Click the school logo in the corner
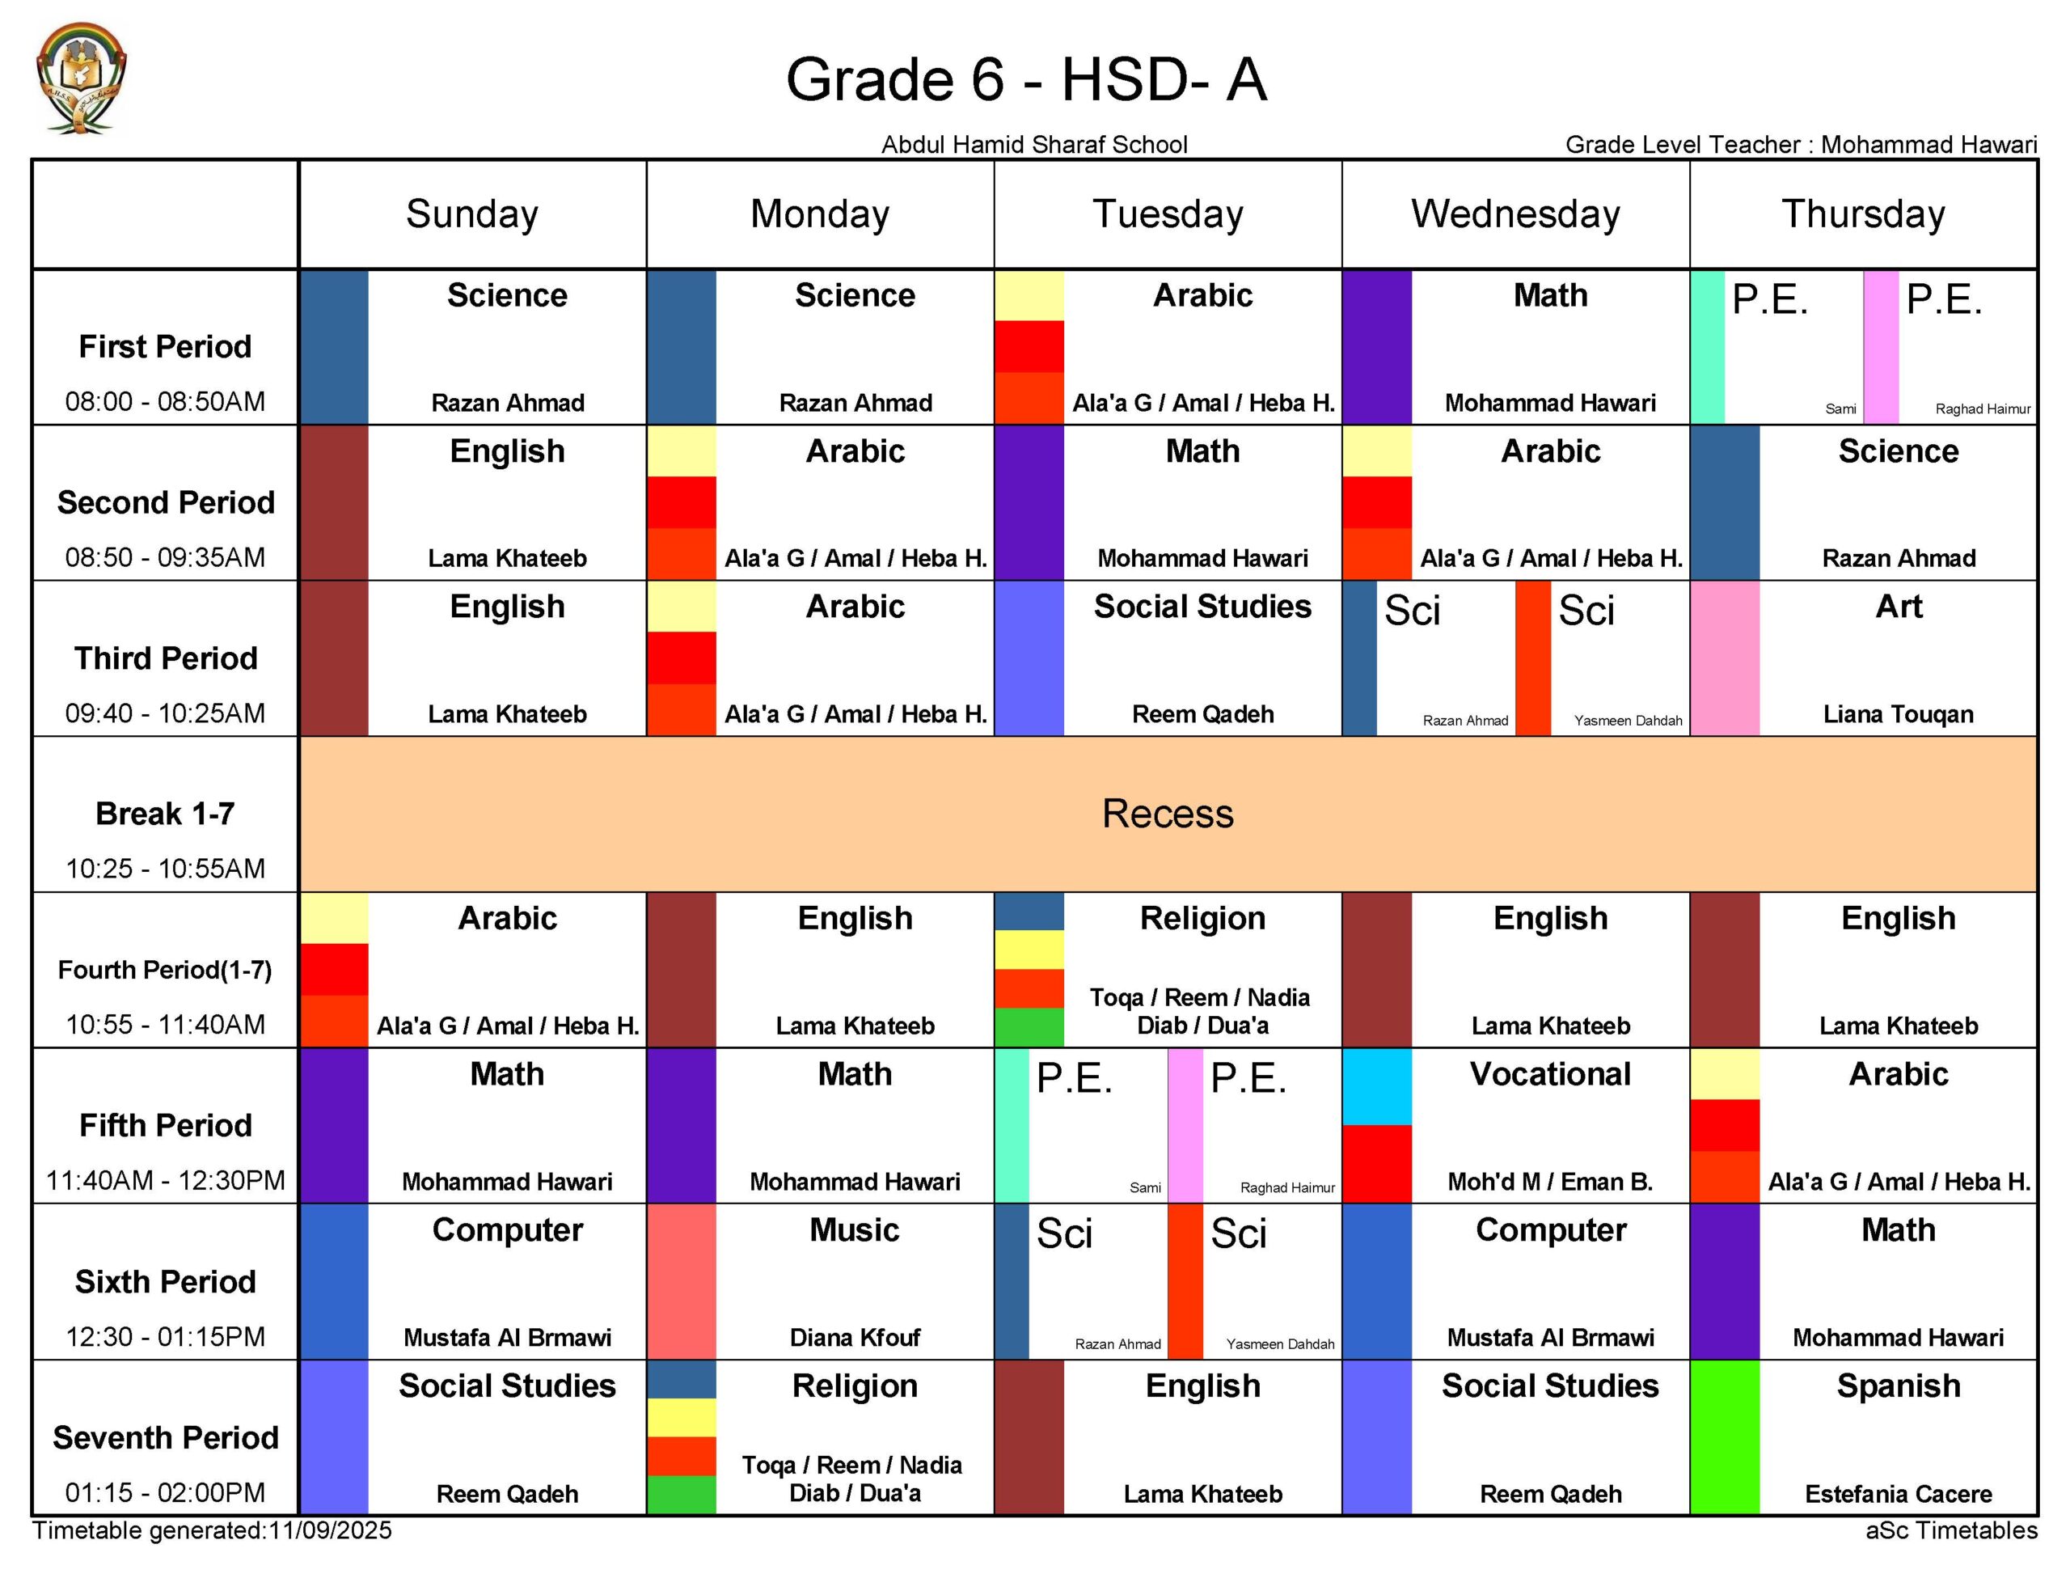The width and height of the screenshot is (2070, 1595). tap(81, 78)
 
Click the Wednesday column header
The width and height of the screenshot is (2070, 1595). tap(1514, 214)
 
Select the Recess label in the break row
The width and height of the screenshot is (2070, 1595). tap(1167, 814)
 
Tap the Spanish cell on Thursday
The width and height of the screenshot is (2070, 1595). tap(1898, 1386)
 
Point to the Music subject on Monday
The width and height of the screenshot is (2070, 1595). tap(854, 1230)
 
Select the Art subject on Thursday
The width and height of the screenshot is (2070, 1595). tap(1898, 607)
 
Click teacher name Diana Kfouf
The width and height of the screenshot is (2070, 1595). tap(854, 1337)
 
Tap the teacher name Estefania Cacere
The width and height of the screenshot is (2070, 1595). tap(1898, 1494)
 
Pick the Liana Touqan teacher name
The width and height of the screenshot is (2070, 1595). tap(1898, 714)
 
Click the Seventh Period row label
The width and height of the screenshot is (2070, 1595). tap(166, 1437)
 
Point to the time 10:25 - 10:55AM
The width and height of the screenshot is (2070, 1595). tap(166, 868)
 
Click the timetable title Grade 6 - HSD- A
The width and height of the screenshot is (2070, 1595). tap(1025, 78)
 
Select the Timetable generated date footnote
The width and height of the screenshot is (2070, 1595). tap(213, 1530)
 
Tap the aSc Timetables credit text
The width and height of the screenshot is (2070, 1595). tap(1950, 1530)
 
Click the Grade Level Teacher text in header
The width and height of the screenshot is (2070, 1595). tap(1800, 144)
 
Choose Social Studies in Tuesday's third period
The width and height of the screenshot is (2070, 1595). tap(1202, 607)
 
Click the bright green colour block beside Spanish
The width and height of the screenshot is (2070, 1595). tap(1724, 1436)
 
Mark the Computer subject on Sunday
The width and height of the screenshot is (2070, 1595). tap(507, 1230)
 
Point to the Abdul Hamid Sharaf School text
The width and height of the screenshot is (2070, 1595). tap(1033, 144)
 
